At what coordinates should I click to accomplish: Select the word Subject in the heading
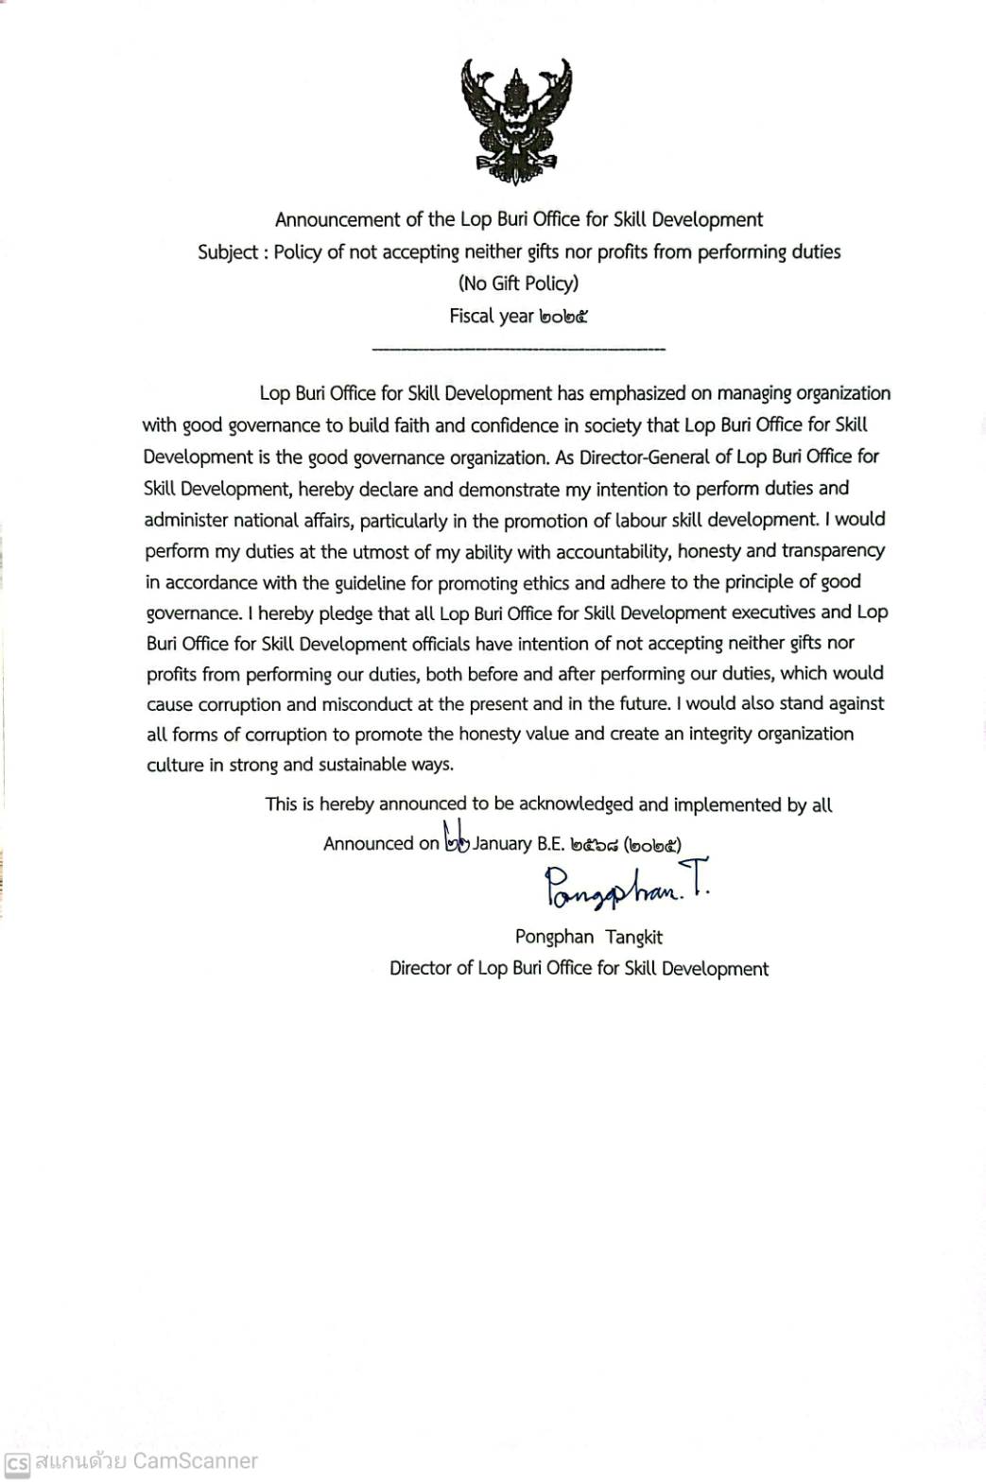tap(227, 252)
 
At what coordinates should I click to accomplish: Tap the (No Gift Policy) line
tap(518, 283)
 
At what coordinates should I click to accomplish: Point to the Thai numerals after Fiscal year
tap(563, 317)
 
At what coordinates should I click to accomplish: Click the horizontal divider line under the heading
tap(519, 351)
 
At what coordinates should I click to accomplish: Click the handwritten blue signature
tap(625, 887)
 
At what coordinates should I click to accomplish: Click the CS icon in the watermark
tap(16, 1462)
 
